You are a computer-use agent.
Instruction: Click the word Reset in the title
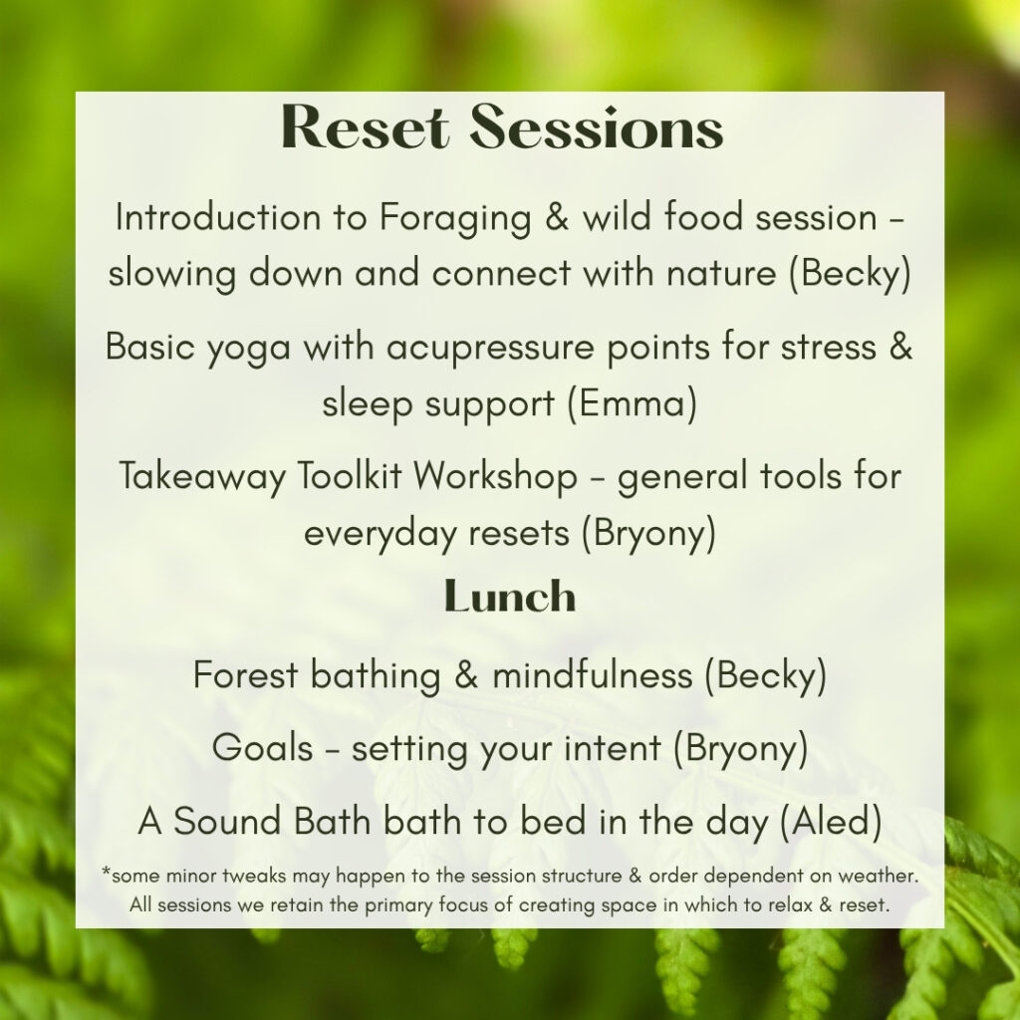tap(365, 127)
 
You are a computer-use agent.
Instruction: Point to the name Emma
tap(632, 403)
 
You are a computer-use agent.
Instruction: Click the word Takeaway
tap(202, 477)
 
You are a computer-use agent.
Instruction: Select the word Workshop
tap(495, 477)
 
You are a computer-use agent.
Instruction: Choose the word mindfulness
tap(592, 674)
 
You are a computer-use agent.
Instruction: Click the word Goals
tap(263, 747)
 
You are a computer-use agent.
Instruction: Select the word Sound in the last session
tap(227, 821)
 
